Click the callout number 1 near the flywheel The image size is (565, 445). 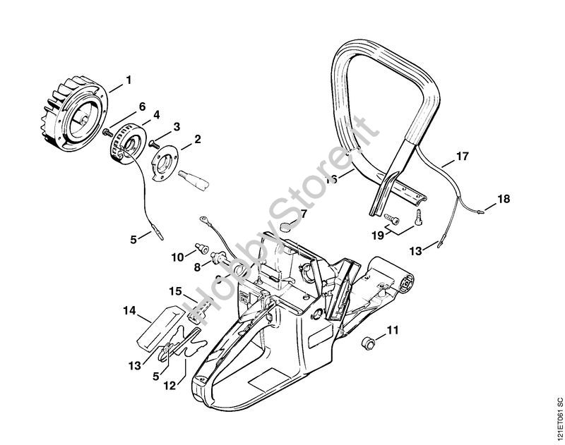point(128,80)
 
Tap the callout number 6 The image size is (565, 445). point(142,106)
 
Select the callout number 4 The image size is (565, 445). point(156,114)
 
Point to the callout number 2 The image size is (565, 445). point(197,138)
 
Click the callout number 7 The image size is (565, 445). point(303,212)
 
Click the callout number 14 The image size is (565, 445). point(129,310)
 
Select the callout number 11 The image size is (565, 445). point(392,329)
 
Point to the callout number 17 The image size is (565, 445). point(461,156)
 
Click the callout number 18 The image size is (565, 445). point(503,199)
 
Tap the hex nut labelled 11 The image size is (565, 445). point(367,343)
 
